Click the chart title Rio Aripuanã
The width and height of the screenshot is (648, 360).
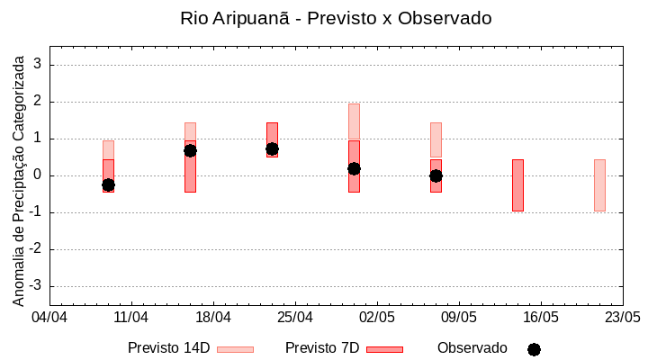click(x=336, y=18)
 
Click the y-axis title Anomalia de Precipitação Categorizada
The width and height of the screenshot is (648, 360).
click(x=18, y=176)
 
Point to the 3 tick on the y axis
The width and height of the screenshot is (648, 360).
click(x=38, y=65)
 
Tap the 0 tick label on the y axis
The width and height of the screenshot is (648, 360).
click(x=38, y=175)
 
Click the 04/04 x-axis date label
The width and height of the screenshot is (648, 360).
click(x=49, y=318)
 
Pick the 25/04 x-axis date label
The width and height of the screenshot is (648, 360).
click(x=295, y=318)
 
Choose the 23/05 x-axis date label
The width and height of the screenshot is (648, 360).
click(x=622, y=318)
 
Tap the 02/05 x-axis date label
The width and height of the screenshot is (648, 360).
click(x=377, y=318)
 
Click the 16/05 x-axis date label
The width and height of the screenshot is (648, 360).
click(x=541, y=318)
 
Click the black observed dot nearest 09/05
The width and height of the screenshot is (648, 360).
click(x=436, y=175)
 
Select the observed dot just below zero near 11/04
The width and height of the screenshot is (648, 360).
click(x=108, y=184)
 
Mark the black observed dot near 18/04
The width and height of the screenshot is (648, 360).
click(x=190, y=150)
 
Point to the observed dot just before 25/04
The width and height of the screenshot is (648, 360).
click(x=272, y=148)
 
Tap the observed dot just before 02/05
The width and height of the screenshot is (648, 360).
click(x=354, y=168)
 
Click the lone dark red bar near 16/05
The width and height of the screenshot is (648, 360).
click(x=517, y=185)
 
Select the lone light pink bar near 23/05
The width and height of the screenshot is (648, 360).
click(x=599, y=185)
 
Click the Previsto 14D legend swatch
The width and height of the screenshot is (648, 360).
click(x=235, y=349)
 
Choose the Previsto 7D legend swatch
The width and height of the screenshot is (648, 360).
click(x=384, y=349)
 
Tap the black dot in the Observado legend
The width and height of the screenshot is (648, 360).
click(x=534, y=349)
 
